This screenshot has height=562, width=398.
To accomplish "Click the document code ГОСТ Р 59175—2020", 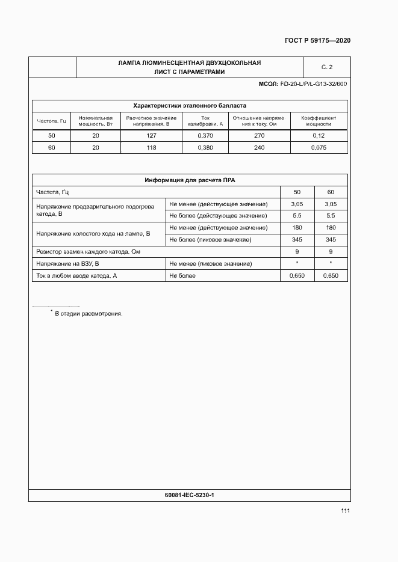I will tap(317, 41).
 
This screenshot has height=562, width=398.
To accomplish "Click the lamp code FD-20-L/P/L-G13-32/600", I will tap(313, 84).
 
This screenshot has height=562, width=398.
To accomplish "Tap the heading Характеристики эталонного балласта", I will tap(189, 105).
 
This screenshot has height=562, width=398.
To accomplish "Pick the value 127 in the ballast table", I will tap(151, 136).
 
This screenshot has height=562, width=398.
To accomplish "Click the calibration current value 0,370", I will tap(205, 136).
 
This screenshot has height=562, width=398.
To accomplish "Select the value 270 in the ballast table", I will tap(260, 136).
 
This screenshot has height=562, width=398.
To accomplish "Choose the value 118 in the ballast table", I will tap(151, 147).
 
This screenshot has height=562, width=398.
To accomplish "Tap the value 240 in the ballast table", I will tap(260, 147).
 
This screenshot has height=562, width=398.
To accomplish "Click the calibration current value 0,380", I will tap(205, 147).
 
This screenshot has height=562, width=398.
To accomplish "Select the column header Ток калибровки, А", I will tap(205, 121).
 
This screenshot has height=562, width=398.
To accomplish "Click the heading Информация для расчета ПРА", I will tap(189, 180).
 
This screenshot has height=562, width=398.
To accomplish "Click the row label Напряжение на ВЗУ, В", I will tap(67, 263).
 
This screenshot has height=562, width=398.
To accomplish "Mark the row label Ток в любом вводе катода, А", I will tap(76, 275).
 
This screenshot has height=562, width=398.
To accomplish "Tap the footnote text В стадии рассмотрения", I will tap(88, 313).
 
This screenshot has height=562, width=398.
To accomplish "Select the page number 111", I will tap(345, 511).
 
